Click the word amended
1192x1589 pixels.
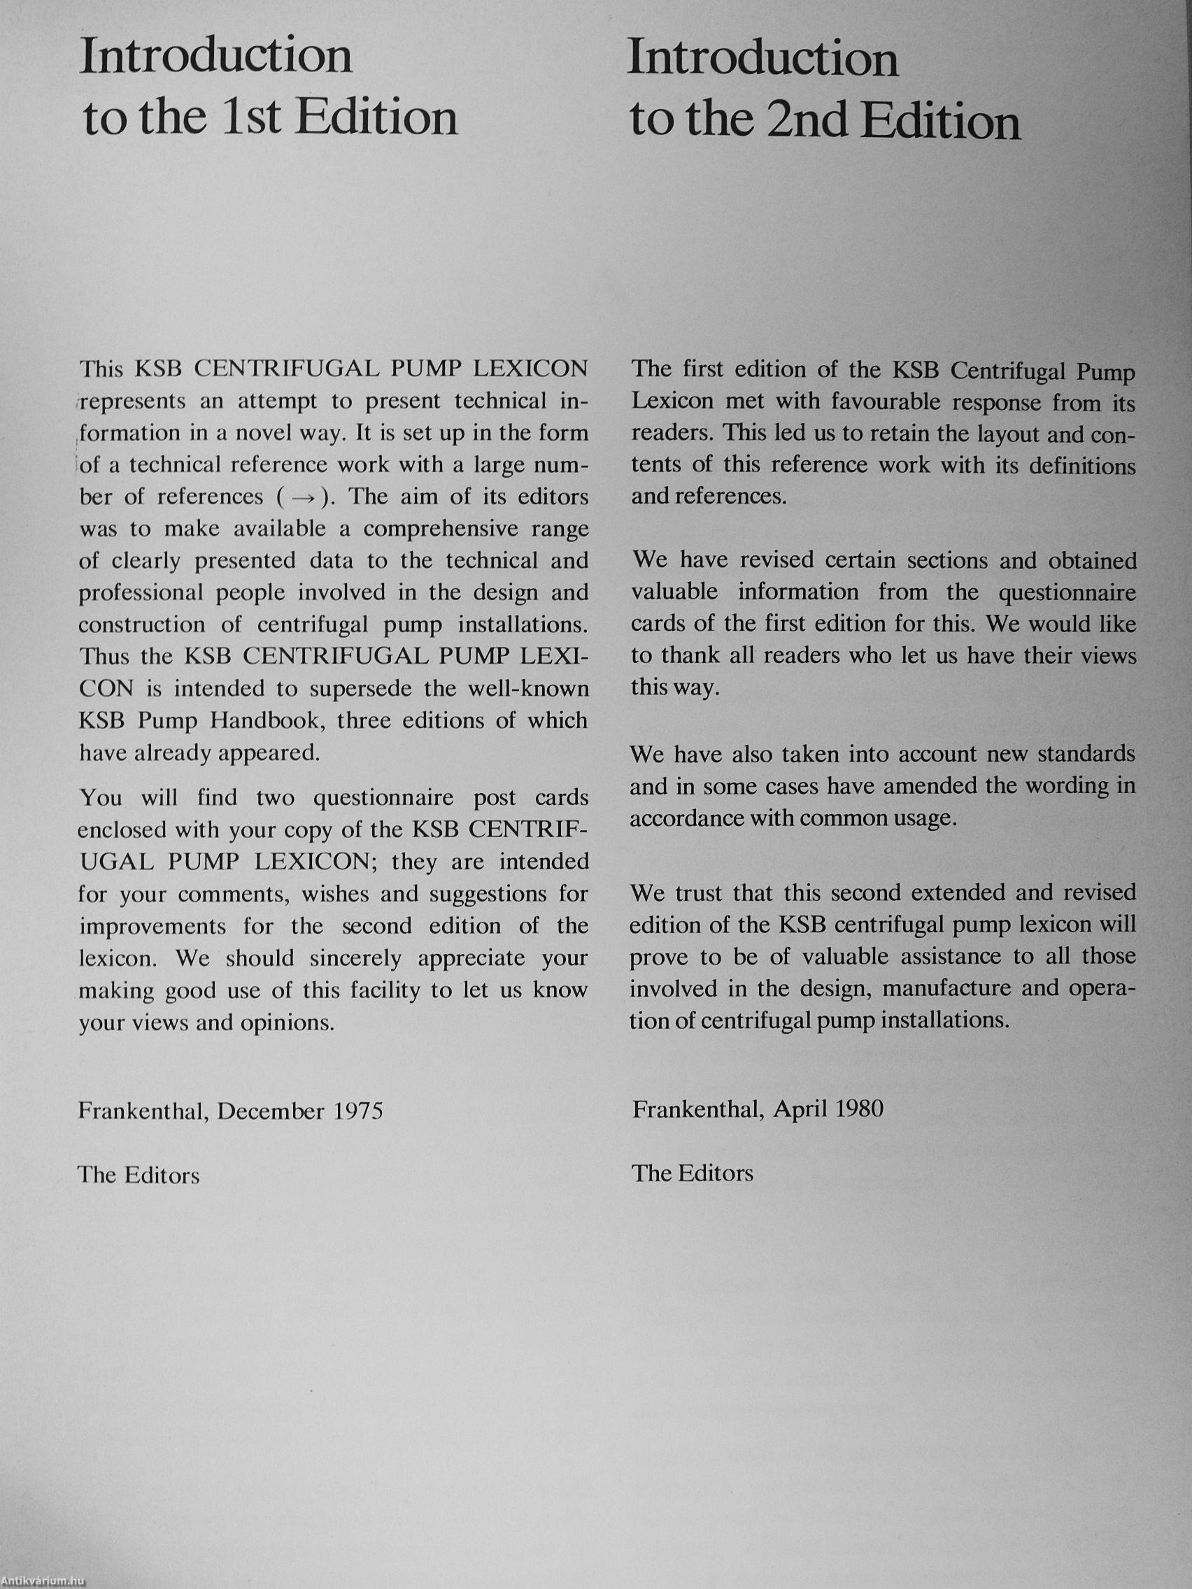pos(930,786)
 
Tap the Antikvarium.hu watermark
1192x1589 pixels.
pos(43,1582)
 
